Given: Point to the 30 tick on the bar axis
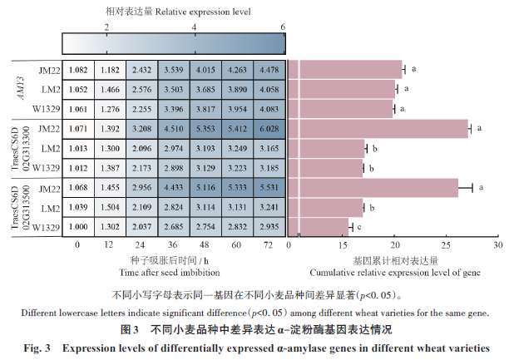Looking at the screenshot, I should click(497, 245).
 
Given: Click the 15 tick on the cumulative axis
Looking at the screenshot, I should click(345, 245).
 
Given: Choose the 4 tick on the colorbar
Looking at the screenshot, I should click(195, 27).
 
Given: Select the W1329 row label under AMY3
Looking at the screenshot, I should click(47, 109).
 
